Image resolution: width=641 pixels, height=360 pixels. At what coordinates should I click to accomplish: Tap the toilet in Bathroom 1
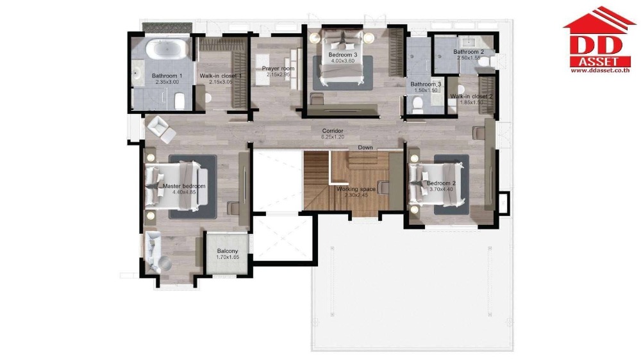click(180, 101)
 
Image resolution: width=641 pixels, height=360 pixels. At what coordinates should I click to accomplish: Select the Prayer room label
click(278, 69)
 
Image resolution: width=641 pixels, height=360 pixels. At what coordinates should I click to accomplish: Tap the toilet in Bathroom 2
click(487, 61)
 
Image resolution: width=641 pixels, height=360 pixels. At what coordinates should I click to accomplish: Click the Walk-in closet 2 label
click(471, 97)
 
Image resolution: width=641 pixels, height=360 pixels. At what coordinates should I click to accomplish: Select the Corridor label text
click(333, 131)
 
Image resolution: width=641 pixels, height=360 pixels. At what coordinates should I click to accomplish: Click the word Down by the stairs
click(365, 147)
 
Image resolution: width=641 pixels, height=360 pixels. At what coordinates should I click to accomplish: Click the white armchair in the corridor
click(160, 130)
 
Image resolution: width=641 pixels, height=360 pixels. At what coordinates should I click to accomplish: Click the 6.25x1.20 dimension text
click(333, 137)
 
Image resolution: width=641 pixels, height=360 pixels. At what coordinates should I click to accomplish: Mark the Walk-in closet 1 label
click(221, 76)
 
